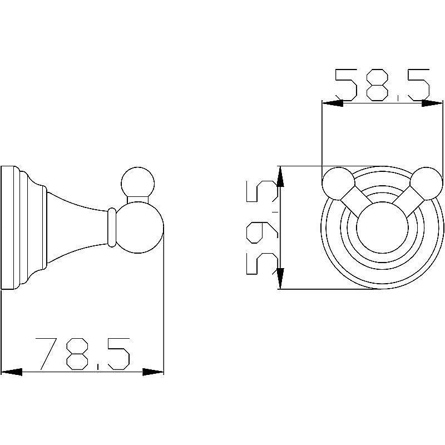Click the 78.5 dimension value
(x=82, y=354)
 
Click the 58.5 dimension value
(x=382, y=85)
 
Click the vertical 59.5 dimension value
(x=263, y=228)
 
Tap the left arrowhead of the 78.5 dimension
(x=11, y=372)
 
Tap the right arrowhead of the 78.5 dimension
(x=153, y=372)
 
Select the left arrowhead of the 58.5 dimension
(x=333, y=103)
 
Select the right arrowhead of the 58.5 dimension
(x=432, y=103)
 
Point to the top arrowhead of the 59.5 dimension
(x=280, y=176)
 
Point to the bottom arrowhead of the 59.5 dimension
(x=280, y=279)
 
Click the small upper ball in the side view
(x=138, y=184)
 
